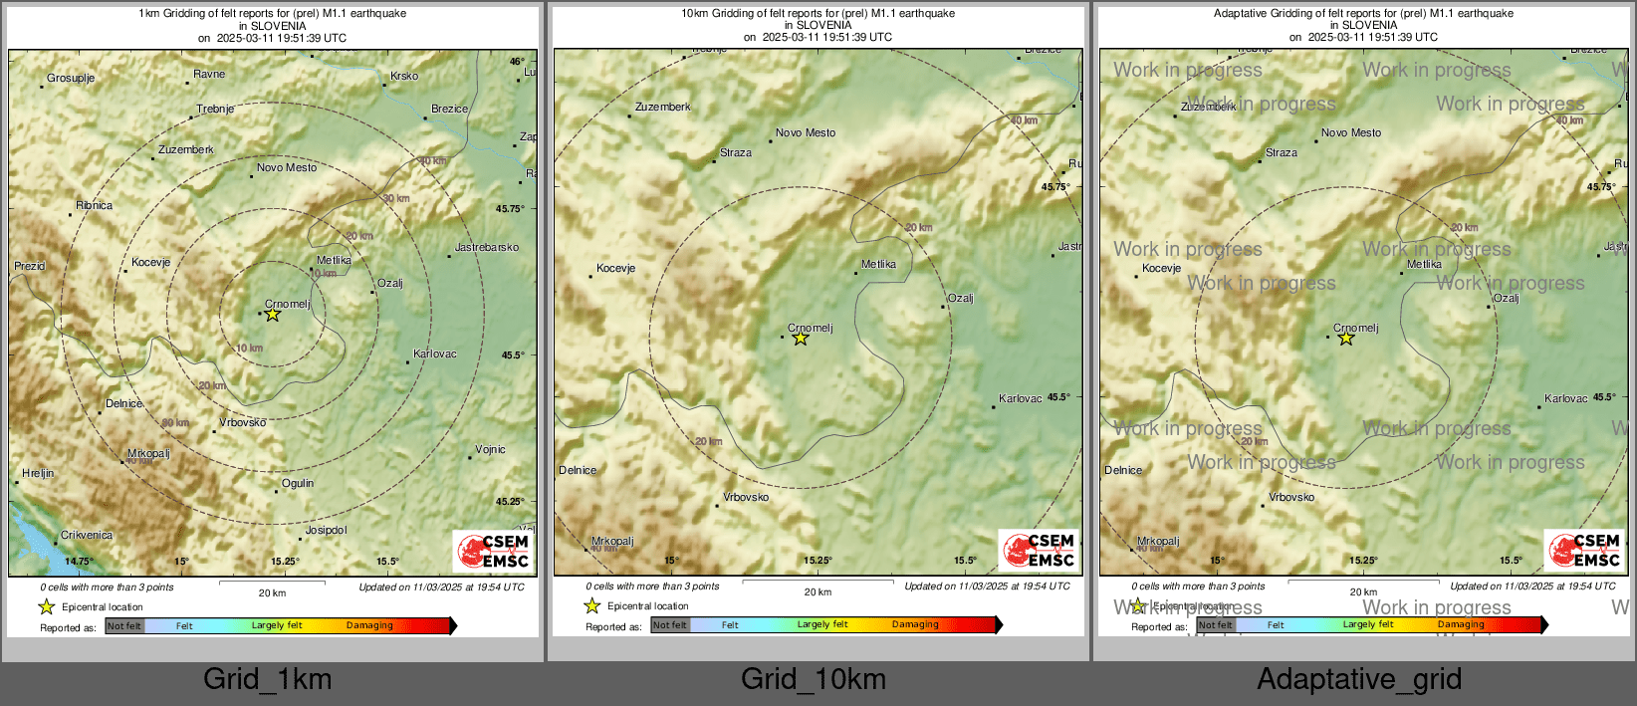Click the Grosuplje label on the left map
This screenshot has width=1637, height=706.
coord(71,78)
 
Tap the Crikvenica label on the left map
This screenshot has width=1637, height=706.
coord(87,535)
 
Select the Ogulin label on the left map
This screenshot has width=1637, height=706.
coord(298,483)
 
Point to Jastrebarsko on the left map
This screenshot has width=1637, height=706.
coord(487,247)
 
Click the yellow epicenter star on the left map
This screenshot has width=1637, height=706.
coord(272,315)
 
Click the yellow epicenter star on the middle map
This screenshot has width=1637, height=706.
coord(801,339)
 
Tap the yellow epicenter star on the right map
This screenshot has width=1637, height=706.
coord(1346,339)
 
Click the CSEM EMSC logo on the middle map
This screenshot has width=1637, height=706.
coord(1039,551)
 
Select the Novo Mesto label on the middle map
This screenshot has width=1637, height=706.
coord(806,132)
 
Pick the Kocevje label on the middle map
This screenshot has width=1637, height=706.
coord(615,268)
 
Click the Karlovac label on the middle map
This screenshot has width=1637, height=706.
coord(1021,398)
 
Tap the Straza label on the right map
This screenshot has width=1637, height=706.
coord(1282,153)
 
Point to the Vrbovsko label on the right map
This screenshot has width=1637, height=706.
coord(1291,497)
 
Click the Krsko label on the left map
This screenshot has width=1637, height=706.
coord(404,76)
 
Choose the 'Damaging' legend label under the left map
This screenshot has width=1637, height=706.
coord(369,625)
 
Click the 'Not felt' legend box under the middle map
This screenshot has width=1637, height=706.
coord(670,625)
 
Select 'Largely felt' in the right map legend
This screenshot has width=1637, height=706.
coord(1368,624)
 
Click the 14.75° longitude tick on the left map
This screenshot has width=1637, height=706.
coord(79,562)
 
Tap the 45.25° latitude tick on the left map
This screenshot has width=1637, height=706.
coord(510,501)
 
